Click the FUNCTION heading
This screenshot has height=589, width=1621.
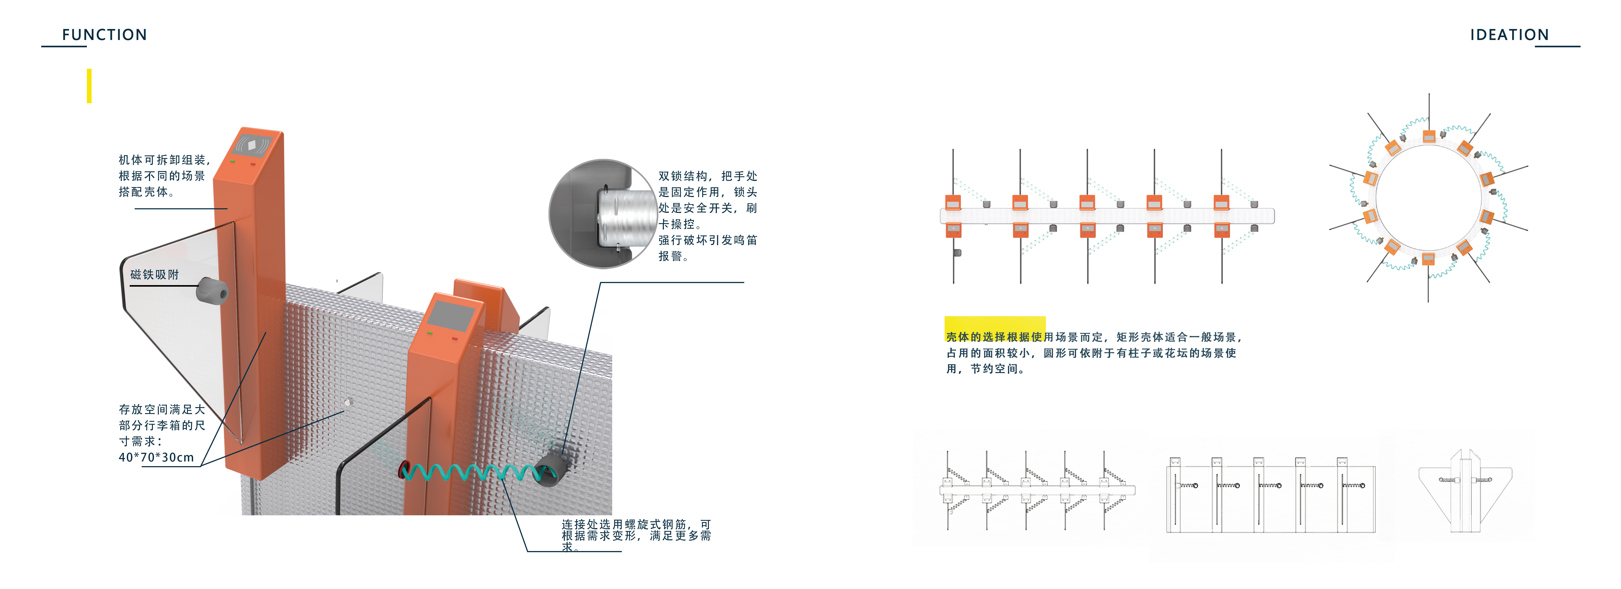coord(104,35)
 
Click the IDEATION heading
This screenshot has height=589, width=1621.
coord(1509,35)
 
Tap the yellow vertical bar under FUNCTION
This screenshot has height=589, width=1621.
coord(89,86)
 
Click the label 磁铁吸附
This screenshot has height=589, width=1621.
coord(154,275)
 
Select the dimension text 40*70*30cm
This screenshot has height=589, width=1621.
coord(156,457)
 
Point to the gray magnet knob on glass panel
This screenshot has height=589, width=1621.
coord(212,290)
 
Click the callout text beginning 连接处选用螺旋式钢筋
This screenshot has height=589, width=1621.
coord(636,535)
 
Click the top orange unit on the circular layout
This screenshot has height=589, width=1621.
coord(1428,136)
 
